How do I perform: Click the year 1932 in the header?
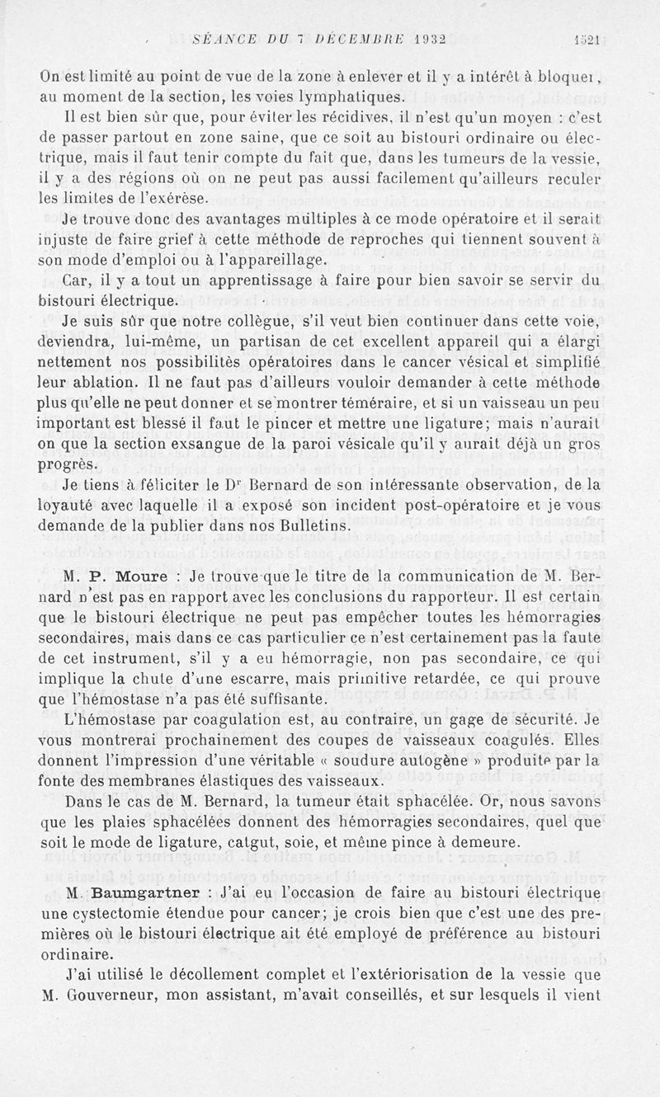pyautogui.click(x=421, y=36)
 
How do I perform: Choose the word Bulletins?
pyautogui.click(x=322, y=525)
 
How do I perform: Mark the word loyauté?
pyautogui.click(x=73, y=505)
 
